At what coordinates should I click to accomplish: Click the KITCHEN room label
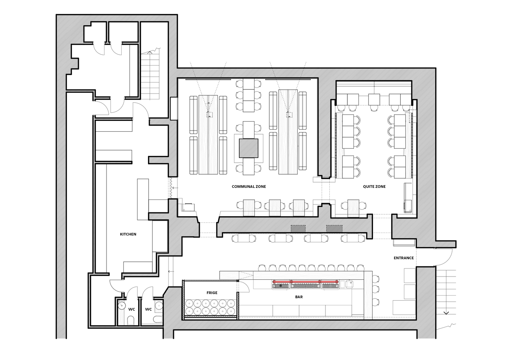tap(128, 234)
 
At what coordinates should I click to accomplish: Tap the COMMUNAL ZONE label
tap(249, 186)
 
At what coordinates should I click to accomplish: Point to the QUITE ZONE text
tap(374, 186)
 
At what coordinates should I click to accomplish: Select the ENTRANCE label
tap(404, 258)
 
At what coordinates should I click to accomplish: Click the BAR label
tap(299, 297)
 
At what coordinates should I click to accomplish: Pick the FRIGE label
tap(212, 293)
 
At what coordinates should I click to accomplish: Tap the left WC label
tap(131, 309)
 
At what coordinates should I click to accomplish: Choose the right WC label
tap(148, 309)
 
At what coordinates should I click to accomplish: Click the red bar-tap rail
tap(305, 282)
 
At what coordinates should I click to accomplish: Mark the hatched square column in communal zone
tap(248, 148)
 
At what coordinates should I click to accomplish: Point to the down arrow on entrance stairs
tap(446, 313)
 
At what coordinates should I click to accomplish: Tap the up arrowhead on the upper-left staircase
tap(149, 52)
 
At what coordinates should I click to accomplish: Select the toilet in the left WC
tap(131, 320)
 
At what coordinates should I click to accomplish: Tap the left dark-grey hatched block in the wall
tap(298, 229)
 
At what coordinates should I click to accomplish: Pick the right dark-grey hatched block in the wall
tap(334, 229)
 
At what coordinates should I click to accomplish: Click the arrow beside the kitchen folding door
tap(175, 188)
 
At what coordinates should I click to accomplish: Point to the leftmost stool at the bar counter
tap(262, 267)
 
